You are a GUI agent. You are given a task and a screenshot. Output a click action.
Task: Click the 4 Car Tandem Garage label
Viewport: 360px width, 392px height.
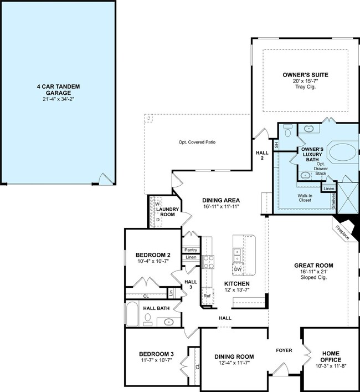point(58,90)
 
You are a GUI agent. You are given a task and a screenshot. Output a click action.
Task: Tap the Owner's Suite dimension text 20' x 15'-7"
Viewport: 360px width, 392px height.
point(306,81)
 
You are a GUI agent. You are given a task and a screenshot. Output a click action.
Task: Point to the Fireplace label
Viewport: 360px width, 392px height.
point(342,232)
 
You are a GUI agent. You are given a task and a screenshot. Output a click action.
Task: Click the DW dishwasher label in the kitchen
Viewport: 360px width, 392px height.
point(238,269)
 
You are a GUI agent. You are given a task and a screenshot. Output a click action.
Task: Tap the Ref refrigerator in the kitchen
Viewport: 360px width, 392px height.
point(207,296)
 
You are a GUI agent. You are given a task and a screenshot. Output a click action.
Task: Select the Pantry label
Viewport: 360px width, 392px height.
point(191,250)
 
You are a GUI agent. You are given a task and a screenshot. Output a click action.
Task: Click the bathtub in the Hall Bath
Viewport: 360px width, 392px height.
point(132,314)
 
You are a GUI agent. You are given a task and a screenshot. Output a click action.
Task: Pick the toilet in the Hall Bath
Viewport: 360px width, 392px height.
point(147,320)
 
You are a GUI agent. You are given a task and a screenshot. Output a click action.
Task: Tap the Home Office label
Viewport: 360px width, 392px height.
point(331,357)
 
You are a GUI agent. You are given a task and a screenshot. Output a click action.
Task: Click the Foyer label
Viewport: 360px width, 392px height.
point(284,350)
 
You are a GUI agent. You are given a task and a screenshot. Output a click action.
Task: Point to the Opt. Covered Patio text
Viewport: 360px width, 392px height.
point(197,142)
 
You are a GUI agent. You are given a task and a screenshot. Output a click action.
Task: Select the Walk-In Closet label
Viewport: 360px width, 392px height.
point(305,198)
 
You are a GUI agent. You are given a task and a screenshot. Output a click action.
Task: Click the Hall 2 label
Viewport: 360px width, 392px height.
point(262,155)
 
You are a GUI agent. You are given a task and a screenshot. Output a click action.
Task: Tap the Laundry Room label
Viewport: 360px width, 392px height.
point(167,212)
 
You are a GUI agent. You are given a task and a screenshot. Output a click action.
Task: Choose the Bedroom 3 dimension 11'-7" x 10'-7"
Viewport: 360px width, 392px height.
point(156,360)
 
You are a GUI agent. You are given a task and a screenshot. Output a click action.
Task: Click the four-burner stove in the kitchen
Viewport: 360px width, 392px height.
point(208,262)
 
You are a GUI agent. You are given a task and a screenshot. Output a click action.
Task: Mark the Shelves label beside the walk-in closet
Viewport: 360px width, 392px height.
point(333,201)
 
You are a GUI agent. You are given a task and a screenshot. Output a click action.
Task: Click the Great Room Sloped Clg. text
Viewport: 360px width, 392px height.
point(313,277)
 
